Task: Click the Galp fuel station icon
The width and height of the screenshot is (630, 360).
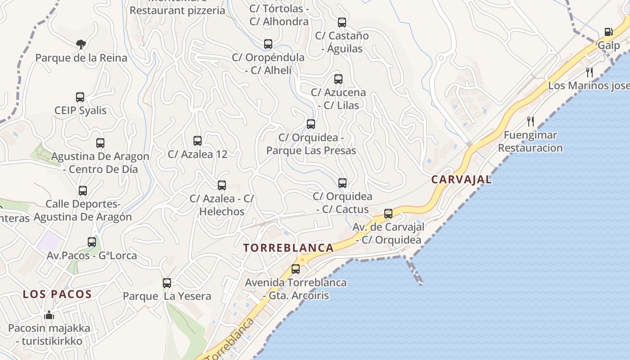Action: point(608,32)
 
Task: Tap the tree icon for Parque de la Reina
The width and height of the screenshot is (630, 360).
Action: point(81,44)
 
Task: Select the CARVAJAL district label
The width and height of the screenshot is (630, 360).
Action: point(461,180)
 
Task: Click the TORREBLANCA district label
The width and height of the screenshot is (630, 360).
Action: point(288,247)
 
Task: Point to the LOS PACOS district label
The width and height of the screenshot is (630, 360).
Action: point(58,294)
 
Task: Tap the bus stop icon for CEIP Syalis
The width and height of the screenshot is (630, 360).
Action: point(80,97)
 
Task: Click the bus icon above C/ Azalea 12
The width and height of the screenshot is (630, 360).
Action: point(198,140)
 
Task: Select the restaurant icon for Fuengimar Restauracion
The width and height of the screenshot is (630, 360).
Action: point(531,121)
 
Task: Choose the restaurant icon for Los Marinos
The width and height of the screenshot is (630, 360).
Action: point(589,72)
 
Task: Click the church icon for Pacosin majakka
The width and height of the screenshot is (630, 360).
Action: point(49,315)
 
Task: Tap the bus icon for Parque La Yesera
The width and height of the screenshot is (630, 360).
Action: point(167,283)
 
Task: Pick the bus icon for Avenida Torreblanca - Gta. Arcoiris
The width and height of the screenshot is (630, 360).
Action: point(296,269)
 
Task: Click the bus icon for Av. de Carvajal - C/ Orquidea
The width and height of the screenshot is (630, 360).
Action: point(388,213)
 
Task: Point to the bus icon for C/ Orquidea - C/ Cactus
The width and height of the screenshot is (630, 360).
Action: point(342,183)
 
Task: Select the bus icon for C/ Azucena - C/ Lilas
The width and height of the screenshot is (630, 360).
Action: point(338,79)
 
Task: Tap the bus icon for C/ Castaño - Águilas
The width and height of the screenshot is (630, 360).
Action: point(342,22)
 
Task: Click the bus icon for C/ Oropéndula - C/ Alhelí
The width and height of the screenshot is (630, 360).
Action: point(268,44)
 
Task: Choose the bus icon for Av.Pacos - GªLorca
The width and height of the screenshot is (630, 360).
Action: point(92,242)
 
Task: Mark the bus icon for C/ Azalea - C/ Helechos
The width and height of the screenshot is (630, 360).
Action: point(222,185)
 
